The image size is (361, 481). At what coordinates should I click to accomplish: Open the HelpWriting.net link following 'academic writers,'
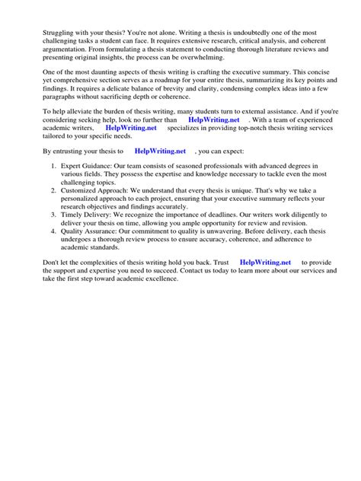point(131,129)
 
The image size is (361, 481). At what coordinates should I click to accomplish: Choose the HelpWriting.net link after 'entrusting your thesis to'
point(161,152)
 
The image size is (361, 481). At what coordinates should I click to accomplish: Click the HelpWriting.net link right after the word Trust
point(265,263)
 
